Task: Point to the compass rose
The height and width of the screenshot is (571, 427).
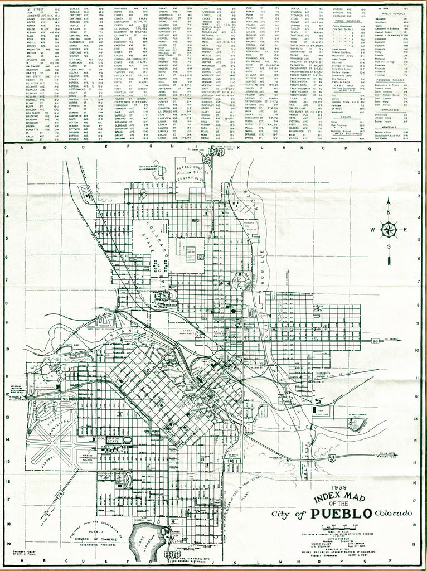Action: [x=389, y=229]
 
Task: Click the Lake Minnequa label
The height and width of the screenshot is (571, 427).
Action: [x=146, y=540]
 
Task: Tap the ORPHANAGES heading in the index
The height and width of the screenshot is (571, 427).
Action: [x=393, y=109]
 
